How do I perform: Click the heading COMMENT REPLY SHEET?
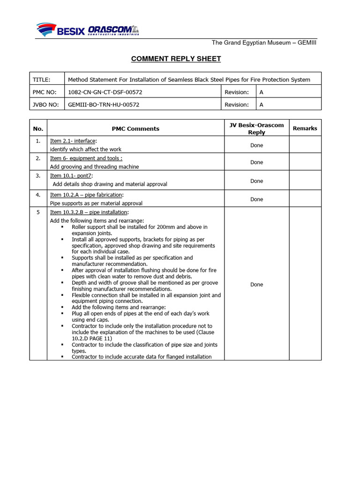coord(176,59)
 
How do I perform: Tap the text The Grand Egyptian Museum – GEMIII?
coord(264,43)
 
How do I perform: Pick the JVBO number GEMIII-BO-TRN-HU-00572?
coord(104,105)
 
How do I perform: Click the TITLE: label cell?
coord(41,79)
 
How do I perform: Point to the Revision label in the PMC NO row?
coord(236,92)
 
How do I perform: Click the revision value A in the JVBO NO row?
coord(262,105)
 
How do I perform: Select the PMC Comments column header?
coord(135,128)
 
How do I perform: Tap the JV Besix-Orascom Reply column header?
coord(256,128)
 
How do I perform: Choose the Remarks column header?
coord(305,128)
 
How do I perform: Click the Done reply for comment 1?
coord(256,145)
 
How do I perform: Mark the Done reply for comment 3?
coord(256,181)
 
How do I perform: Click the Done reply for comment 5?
coord(256,285)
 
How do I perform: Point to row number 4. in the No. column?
coord(38,195)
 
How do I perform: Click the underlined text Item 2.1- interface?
coord(73,141)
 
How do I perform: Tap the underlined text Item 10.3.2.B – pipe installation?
coord(88,212)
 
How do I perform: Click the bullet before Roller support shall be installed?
coord(62,227)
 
